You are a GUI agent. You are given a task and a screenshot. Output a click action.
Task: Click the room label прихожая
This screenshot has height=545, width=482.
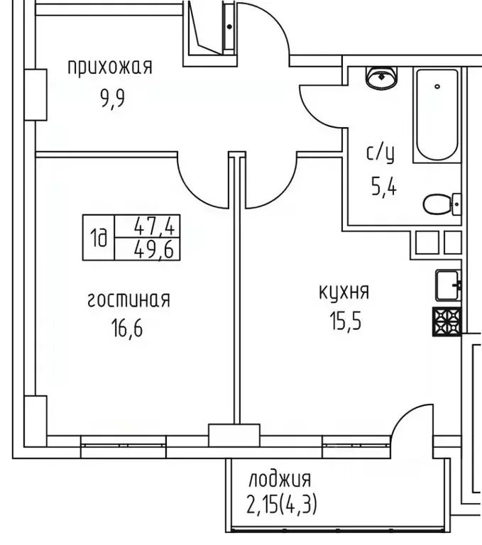pos(110,67)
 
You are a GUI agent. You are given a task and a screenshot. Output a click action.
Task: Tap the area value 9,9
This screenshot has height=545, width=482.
pos(112,98)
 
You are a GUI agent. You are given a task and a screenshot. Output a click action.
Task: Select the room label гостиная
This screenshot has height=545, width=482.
pos(128,299)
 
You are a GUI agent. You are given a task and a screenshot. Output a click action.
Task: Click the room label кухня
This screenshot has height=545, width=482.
pos(344,292)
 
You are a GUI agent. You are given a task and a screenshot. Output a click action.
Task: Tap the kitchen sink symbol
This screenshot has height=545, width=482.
pos(448,285)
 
